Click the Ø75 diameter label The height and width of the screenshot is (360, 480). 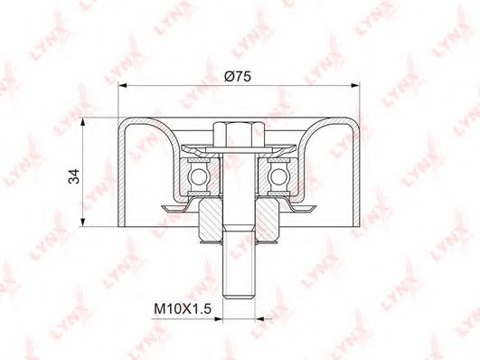pos(237,76)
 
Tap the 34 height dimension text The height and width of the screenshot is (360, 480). pos(74,176)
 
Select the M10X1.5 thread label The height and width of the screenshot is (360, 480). pos(183,308)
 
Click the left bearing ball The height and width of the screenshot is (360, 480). pos(199,176)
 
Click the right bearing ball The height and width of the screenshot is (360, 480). pos(278,176)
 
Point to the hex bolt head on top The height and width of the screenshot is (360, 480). pos(239,134)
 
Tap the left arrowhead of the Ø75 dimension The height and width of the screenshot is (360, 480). pos(122,86)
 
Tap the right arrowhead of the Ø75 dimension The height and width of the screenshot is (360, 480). pos(355,86)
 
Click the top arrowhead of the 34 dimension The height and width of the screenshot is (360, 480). pos(82,122)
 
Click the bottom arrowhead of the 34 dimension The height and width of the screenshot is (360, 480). pos(82,223)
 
